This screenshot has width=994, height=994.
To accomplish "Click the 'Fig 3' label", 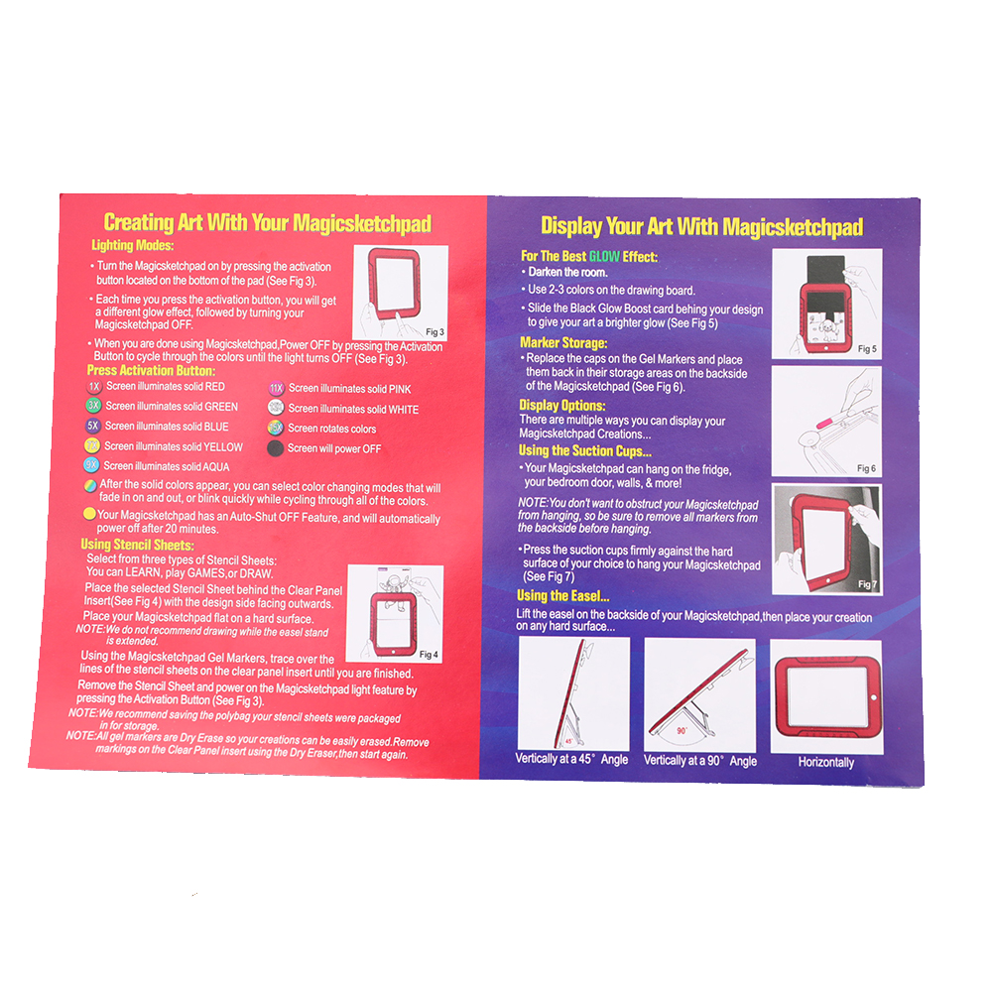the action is click(x=435, y=331).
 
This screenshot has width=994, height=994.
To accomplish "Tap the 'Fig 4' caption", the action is click(x=429, y=654).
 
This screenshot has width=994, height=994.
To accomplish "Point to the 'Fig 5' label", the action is click(x=867, y=348).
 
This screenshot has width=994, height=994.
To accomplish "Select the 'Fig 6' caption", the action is click(x=867, y=468).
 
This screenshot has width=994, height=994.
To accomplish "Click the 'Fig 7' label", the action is click(x=867, y=584).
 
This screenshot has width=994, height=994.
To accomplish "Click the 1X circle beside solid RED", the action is click(x=94, y=386).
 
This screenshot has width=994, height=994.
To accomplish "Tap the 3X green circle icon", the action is click(x=93, y=405).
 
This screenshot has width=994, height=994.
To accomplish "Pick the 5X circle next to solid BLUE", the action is click(x=92, y=426).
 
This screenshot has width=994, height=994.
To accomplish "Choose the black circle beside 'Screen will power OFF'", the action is click(x=275, y=448).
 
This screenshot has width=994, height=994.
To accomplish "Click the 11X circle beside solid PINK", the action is click(x=277, y=389).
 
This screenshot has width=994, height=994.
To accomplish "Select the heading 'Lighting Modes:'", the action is click(x=133, y=245).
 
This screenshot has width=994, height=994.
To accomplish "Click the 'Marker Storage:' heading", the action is click(x=563, y=343).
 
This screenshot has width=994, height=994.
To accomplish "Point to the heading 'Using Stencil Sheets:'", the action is click(x=138, y=545).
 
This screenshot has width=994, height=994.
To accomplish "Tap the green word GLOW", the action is click(x=604, y=257).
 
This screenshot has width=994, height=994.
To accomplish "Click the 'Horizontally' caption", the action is click(x=826, y=762).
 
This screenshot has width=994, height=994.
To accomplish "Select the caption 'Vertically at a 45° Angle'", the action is click(x=571, y=759).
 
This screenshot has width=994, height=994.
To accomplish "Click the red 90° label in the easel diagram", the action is click(x=683, y=731).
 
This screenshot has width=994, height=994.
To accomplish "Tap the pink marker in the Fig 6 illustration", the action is click(x=829, y=421).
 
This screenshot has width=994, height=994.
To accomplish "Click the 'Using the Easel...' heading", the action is click(x=562, y=596).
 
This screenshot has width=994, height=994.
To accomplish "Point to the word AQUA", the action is click(x=216, y=467).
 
